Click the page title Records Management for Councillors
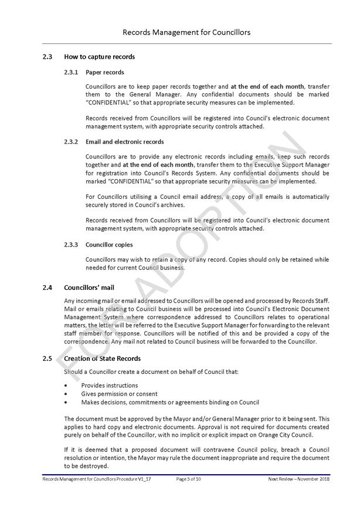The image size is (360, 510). coord(186,32)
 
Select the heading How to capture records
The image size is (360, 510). coord(99,57)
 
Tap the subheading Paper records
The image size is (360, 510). coord(105,72)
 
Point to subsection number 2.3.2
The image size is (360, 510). coord(71,142)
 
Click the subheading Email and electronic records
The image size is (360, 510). coord(124,142)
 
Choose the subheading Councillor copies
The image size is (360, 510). coord(109,245)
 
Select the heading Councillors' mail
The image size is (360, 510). coord(89,288)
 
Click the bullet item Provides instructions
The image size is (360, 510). coord(110,386)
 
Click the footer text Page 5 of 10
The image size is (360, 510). coord(188,479)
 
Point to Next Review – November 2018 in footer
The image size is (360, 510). coord(298,479)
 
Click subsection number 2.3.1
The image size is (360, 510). coord(71,72)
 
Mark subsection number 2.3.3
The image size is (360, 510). coord(71,245)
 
